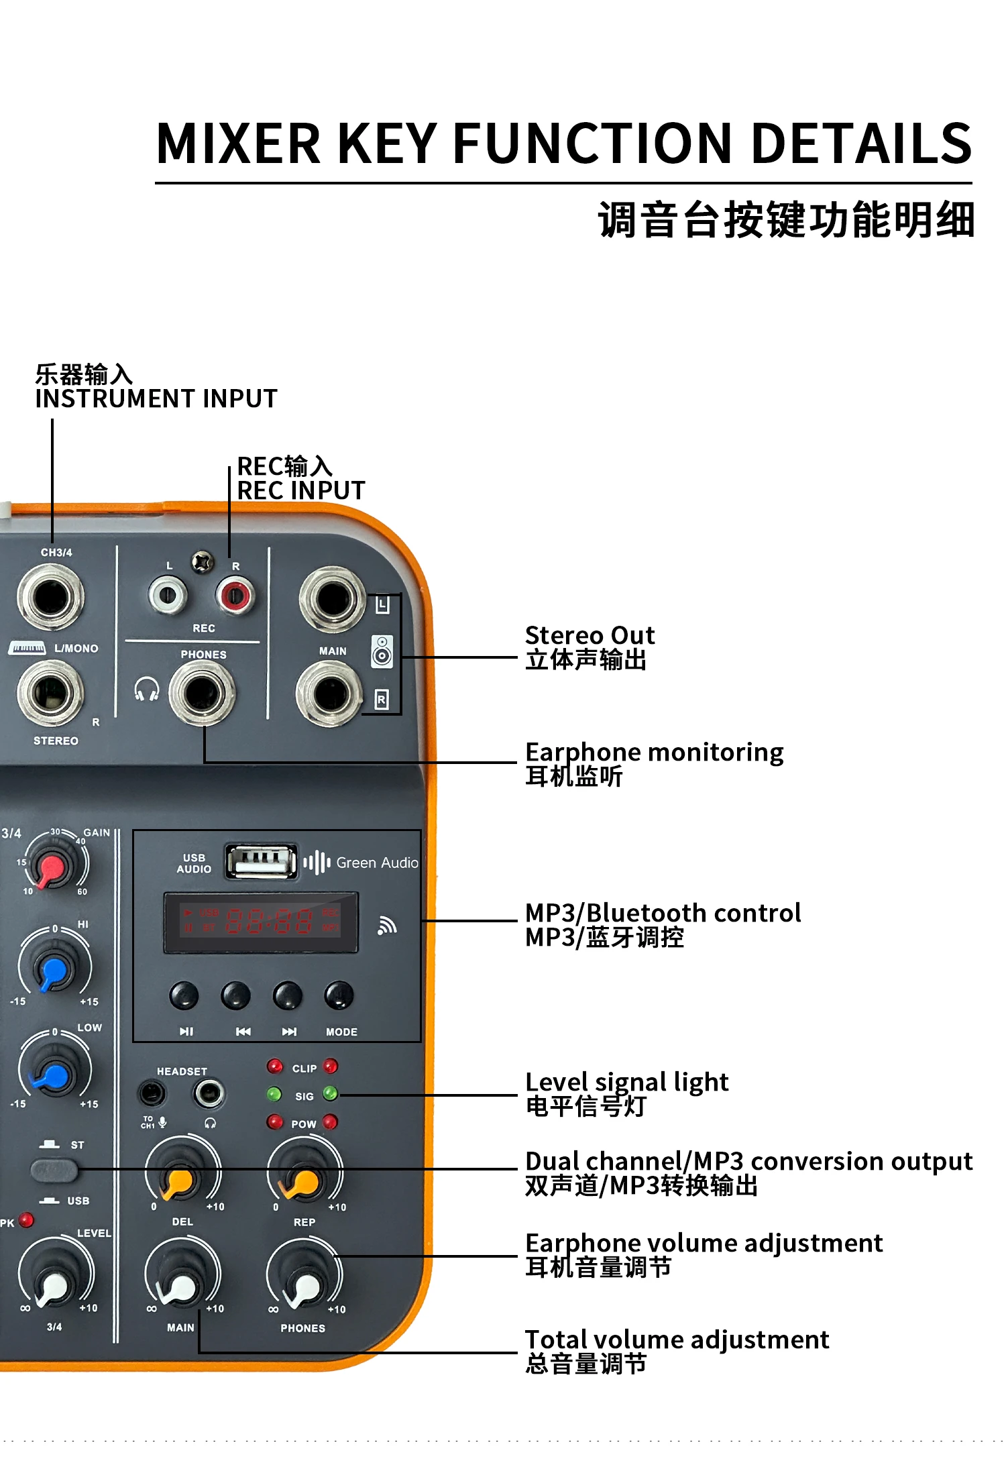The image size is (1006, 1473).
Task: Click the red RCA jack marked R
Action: click(x=234, y=595)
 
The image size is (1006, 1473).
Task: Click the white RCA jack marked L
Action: click(x=167, y=595)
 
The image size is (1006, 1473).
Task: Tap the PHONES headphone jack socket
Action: click(x=202, y=693)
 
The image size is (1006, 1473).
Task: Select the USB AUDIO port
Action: click(x=261, y=861)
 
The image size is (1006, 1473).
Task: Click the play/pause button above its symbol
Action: click(x=184, y=996)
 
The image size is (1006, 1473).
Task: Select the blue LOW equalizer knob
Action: click(x=54, y=1072)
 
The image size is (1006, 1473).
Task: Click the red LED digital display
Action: click(x=261, y=922)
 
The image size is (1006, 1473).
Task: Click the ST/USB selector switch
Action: click(x=54, y=1170)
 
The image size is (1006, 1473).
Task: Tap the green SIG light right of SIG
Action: click(x=331, y=1093)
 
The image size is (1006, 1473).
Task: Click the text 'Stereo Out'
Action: click(x=590, y=635)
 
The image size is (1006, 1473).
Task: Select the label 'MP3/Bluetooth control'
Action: click(x=663, y=912)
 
